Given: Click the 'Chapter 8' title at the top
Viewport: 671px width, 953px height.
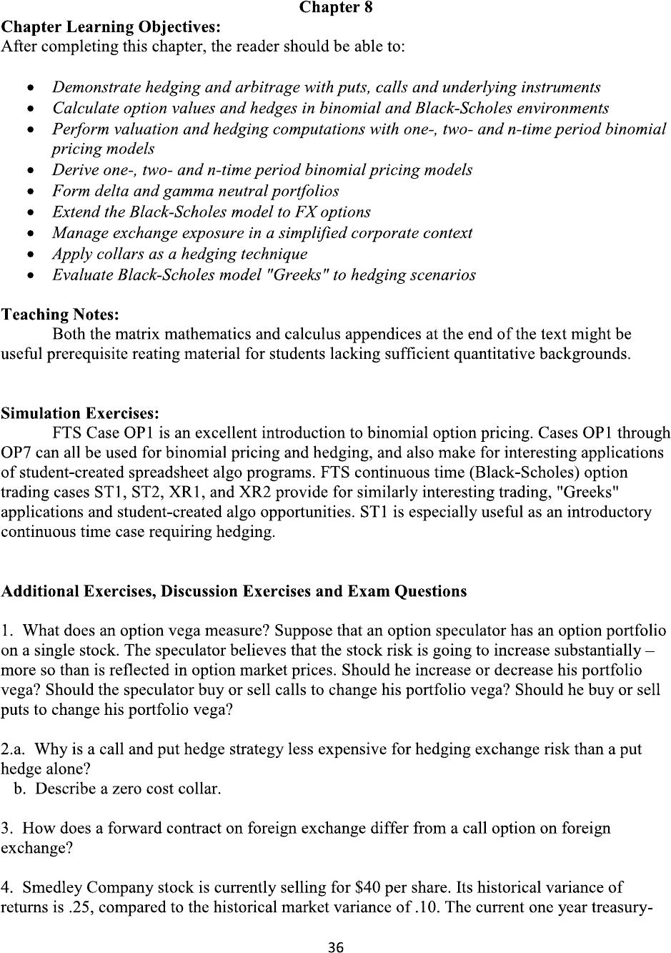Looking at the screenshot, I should tap(335, 8).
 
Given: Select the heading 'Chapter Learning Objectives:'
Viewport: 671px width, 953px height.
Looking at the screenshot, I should tap(111, 27).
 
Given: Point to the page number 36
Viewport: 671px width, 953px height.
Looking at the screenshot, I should tap(335, 947).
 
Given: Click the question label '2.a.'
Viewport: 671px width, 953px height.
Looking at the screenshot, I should tap(14, 749).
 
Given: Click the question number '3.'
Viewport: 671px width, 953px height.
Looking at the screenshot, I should tap(8, 829).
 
